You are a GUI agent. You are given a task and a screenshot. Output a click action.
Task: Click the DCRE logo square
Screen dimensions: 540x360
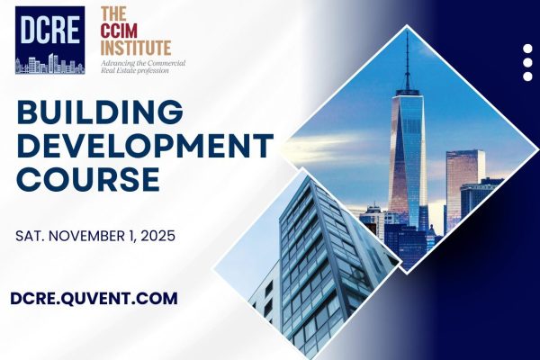(x=49, y=40)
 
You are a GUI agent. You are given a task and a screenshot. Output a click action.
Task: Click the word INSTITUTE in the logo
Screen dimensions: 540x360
(x=136, y=48)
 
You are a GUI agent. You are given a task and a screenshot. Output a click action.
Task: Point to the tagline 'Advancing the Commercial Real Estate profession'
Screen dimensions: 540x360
(x=143, y=67)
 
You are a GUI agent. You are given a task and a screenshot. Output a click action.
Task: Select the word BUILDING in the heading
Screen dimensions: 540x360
(x=100, y=112)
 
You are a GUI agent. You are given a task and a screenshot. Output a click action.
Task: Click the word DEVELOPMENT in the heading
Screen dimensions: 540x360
(x=145, y=146)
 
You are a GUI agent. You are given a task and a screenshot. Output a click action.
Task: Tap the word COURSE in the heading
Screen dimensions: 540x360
(x=88, y=179)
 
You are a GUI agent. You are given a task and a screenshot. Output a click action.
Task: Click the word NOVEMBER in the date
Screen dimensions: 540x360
(x=89, y=237)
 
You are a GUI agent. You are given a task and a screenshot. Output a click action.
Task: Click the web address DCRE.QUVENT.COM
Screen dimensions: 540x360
(x=94, y=298)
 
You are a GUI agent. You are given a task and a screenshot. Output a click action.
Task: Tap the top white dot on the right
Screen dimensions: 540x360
(x=527, y=49)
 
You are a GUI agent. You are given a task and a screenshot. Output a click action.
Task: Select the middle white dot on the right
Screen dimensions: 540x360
(x=527, y=63)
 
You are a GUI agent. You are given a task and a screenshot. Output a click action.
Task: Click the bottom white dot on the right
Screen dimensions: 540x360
(x=527, y=76)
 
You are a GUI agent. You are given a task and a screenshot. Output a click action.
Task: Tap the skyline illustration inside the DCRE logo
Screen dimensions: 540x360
(x=50, y=64)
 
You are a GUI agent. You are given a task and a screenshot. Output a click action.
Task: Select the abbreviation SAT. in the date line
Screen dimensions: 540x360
(x=27, y=237)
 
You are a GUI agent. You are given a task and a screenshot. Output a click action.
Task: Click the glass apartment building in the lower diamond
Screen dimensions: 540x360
(x=320, y=269)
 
